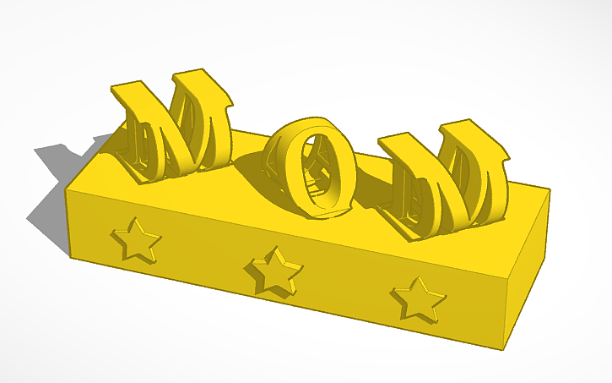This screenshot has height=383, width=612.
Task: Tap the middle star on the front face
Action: (x=273, y=271)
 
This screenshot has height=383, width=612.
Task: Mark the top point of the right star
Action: (x=416, y=277)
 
